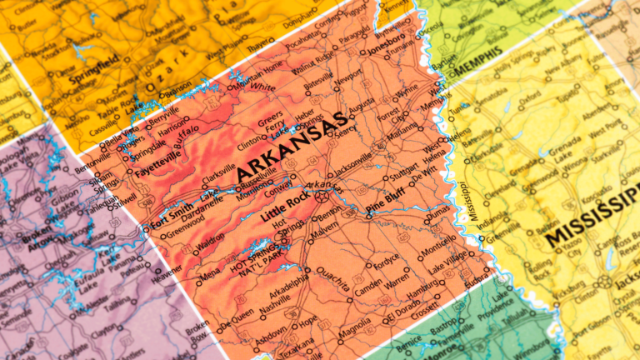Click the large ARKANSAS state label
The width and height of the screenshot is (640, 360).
(x=291, y=147)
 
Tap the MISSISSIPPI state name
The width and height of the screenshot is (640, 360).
(x=592, y=222)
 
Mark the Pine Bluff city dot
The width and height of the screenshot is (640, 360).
(x=368, y=215)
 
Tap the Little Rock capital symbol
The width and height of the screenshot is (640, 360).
(x=322, y=197)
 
